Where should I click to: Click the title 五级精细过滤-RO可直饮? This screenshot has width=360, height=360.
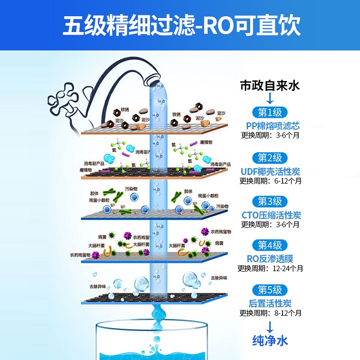pyautogui.click(x=180, y=26)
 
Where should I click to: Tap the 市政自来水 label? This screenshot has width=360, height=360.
pyautogui.click(x=270, y=85)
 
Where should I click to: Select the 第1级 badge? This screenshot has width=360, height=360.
pyautogui.click(x=270, y=112)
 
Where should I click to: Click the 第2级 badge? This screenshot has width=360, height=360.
pyautogui.click(x=270, y=157)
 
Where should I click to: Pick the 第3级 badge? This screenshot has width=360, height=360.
pyautogui.click(x=270, y=201)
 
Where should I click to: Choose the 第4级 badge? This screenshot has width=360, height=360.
pyautogui.click(x=270, y=245)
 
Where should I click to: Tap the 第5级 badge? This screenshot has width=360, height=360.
pyautogui.click(x=270, y=289)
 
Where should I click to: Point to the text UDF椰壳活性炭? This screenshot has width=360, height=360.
pyautogui.click(x=270, y=171)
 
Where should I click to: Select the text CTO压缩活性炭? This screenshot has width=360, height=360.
pyautogui.click(x=270, y=215)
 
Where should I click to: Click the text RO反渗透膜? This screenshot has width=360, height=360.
pyautogui.click(x=270, y=258)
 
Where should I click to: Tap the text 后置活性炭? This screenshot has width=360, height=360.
pyautogui.click(x=270, y=303)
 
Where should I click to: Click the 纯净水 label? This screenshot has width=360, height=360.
pyautogui.click(x=270, y=340)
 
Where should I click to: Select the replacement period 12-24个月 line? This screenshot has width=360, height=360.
pyautogui.click(x=270, y=268)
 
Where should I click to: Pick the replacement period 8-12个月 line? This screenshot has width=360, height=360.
pyautogui.click(x=270, y=313)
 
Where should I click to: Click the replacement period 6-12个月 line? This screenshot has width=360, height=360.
pyautogui.click(x=270, y=181)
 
